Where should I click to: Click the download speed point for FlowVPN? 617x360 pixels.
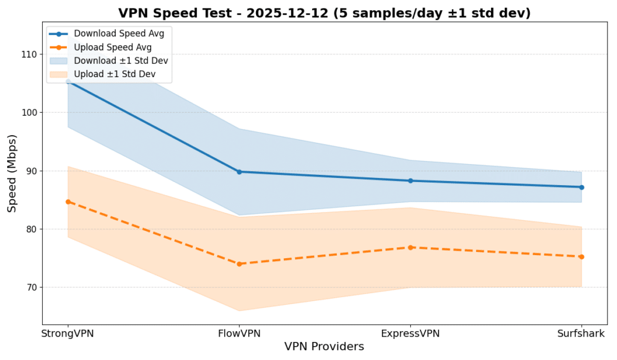tap(239, 172)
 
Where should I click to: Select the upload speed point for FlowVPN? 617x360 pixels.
tap(239, 264)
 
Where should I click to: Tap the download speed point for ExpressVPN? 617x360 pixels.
tap(410, 181)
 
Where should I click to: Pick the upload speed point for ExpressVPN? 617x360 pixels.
tap(410, 247)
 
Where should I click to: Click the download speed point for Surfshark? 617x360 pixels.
tap(581, 187)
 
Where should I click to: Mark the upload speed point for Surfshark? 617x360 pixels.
tap(581, 257)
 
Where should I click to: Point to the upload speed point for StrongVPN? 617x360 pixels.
tap(68, 201)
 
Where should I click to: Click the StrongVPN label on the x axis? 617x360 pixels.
tap(68, 333)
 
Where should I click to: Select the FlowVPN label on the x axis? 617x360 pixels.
tap(239, 333)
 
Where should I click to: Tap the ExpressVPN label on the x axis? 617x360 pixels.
tap(410, 333)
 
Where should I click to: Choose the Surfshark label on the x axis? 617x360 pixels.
tap(581, 333)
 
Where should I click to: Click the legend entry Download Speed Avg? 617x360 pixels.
tap(119, 34)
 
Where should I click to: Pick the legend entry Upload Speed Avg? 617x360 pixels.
tap(113, 47)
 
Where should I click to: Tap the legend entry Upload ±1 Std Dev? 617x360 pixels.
tap(114, 74)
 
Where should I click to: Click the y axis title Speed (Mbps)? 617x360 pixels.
tap(13, 173)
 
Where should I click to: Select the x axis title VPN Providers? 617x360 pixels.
tap(324, 347)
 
